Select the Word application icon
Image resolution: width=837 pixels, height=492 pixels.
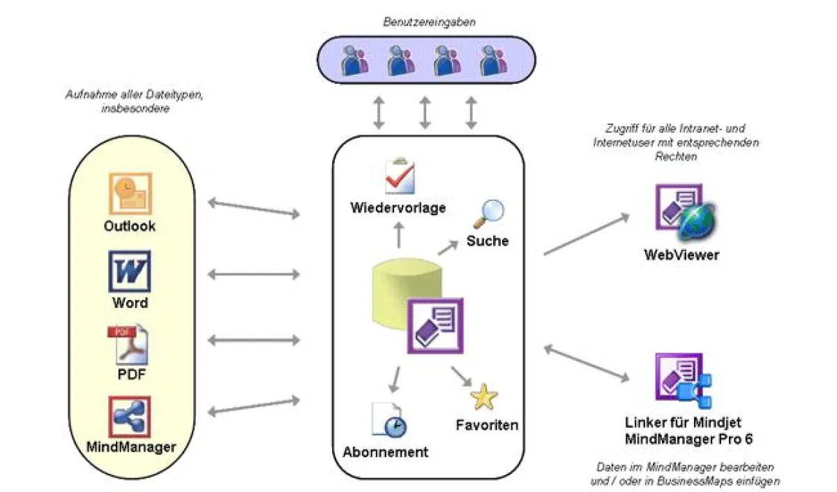(x=130, y=271)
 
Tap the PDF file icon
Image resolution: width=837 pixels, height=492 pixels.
(x=129, y=344)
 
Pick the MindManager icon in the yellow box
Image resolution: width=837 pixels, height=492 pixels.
(x=130, y=417)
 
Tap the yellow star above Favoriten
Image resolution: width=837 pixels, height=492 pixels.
(x=483, y=397)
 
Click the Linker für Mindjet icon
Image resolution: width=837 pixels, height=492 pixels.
(x=683, y=381)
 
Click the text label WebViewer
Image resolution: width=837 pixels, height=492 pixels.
(x=681, y=255)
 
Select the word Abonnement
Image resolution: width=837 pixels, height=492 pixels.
(x=385, y=452)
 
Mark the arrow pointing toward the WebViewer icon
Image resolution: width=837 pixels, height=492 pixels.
(x=586, y=234)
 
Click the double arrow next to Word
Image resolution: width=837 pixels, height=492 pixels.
(x=254, y=274)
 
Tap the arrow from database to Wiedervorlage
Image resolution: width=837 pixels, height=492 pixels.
(x=400, y=236)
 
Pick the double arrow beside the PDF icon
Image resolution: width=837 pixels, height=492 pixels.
(x=254, y=340)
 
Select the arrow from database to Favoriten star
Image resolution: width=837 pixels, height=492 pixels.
(x=460, y=378)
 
